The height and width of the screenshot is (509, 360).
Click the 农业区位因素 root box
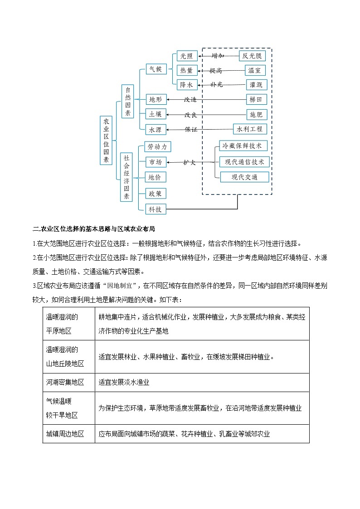pyautogui.click(x=106, y=141)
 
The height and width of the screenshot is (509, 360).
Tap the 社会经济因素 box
pyautogui.click(x=127, y=177)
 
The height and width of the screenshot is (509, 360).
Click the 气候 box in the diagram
pyautogui.click(x=156, y=69)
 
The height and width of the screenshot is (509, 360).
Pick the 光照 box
pyautogui.click(x=186, y=56)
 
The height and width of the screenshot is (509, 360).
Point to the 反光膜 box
pyautogui.click(x=252, y=56)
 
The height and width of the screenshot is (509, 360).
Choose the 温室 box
pyautogui.click(x=254, y=70)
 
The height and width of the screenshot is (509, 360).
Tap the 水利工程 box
pyautogui.click(x=250, y=129)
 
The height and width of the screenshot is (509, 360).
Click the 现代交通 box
pyautogui.click(x=244, y=177)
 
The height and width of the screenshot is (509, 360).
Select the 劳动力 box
pyautogui.click(x=158, y=146)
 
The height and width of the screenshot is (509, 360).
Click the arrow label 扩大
pyautogui.click(x=190, y=162)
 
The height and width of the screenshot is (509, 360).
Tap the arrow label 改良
pyautogui.click(x=190, y=115)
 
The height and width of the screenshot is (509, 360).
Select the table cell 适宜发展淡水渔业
pyautogui.click(x=124, y=382)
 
